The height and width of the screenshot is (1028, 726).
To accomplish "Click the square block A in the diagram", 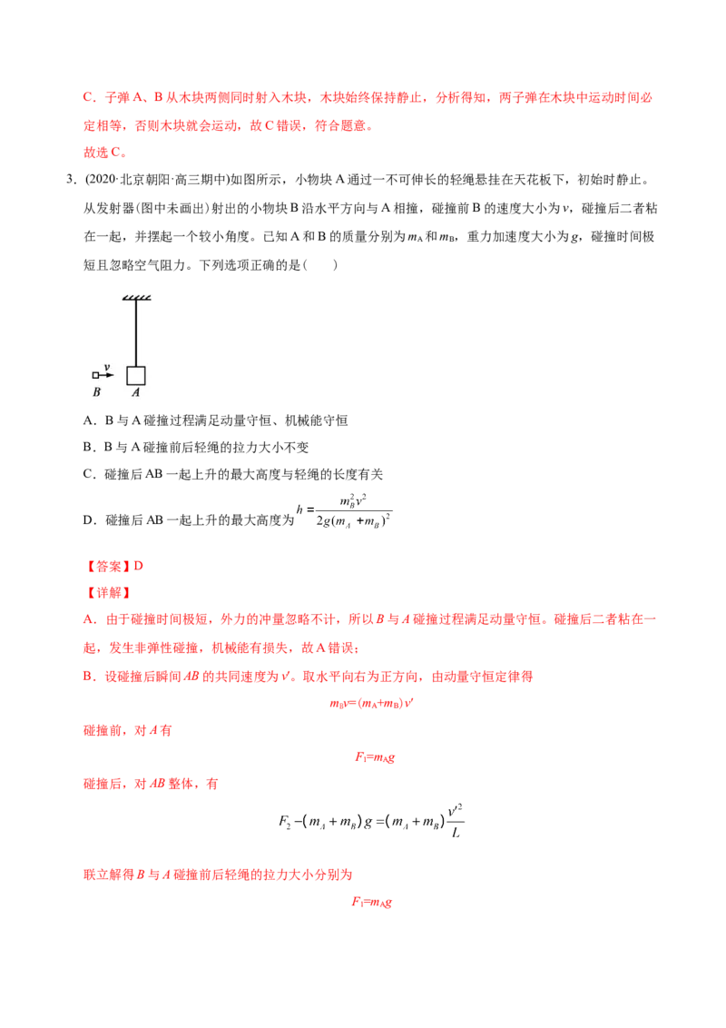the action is (x=135, y=376).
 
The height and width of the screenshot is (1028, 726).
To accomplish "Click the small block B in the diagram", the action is (x=95, y=376).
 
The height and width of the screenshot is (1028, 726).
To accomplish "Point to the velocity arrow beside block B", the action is (x=107, y=375).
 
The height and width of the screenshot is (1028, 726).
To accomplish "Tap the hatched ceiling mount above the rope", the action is (x=136, y=298).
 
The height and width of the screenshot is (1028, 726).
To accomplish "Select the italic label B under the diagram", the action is (x=96, y=392).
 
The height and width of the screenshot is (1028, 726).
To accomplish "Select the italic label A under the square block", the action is (x=135, y=392).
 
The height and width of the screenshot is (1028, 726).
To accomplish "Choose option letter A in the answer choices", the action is (x=88, y=420).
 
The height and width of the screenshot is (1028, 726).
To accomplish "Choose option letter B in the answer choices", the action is (x=88, y=447).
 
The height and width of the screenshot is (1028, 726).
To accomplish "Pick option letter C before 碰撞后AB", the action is (x=88, y=474).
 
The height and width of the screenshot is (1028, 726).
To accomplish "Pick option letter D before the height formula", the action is (x=88, y=519).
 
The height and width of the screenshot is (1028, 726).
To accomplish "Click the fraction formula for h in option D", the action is (x=345, y=511).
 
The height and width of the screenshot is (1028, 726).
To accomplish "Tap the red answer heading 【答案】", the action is (x=108, y=566).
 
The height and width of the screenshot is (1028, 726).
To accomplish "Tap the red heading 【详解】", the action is (x=108, y=593).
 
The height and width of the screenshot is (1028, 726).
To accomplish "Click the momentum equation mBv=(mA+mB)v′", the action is (x=371, y=704).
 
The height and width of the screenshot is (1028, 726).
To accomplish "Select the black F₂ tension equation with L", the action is (x=371, y=821).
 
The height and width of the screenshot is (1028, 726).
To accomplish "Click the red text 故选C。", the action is (x=105, y=152).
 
